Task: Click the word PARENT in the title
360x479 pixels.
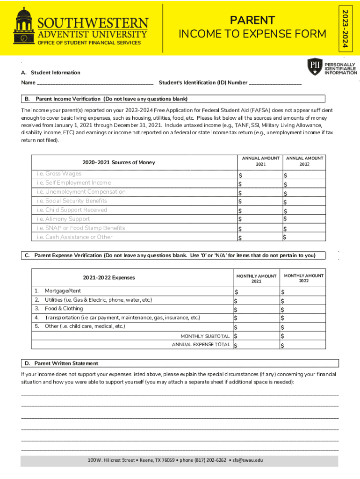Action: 252,20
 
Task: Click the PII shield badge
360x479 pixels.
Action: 314,67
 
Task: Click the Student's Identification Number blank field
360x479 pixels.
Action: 275,83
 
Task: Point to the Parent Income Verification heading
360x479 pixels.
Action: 112,99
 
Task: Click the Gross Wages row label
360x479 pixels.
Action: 59,174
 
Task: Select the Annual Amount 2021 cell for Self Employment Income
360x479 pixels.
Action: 258,183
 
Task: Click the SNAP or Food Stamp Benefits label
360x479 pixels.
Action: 81,228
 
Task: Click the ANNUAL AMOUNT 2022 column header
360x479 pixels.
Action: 304,161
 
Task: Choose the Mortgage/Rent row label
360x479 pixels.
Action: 63,291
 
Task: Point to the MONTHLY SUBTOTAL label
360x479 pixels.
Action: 205,336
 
